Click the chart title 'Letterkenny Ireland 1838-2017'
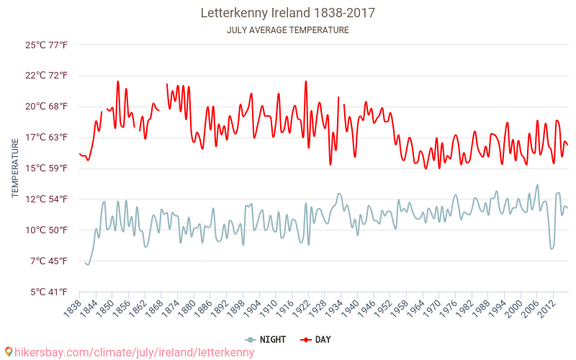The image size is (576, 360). (x=287, y=13)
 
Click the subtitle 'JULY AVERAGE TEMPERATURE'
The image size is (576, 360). (x=287, y=30)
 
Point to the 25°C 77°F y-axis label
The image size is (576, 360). (x=47, y=45)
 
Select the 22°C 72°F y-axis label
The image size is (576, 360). (x=47, y=76)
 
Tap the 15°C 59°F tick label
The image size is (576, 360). (x=47, y=168)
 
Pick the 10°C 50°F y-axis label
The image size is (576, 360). (x=47, y=230)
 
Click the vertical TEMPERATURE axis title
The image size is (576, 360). (x=15, y=168)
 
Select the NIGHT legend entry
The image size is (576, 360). (x=266, y=339)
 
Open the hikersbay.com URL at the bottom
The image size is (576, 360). (x=134, y=352)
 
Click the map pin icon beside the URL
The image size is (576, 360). (x=9, y=351)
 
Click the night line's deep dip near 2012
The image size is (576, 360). (x=552, y=248)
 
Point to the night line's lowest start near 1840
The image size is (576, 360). (x=87, y=264)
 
